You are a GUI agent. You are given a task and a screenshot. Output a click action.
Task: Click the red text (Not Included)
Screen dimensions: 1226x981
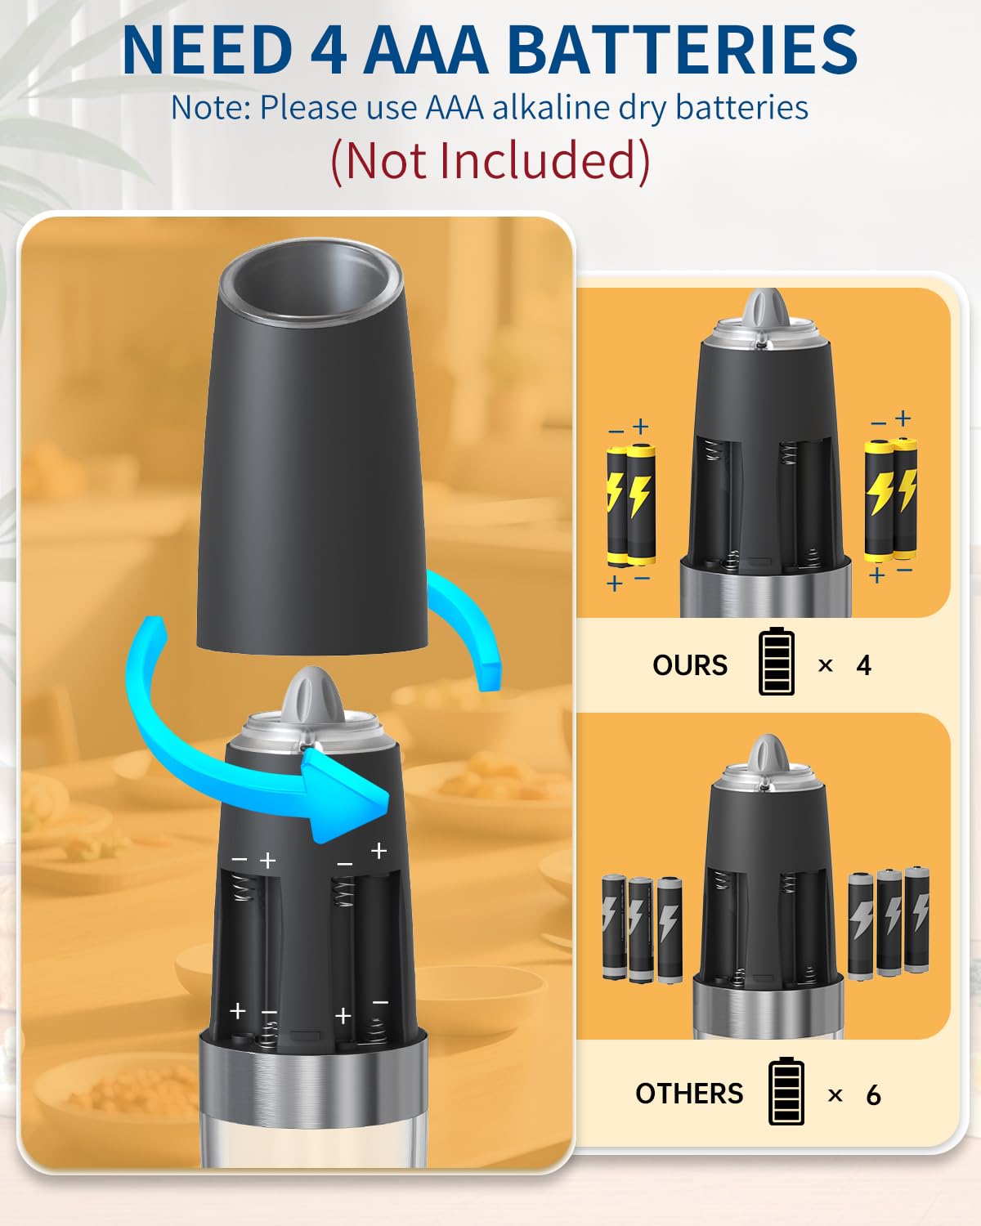click(x=490, y=160)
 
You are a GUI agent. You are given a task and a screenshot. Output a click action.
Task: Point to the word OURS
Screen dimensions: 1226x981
click(x=689, y=665)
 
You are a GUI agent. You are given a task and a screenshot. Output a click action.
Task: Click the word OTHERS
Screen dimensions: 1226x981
click(x=689, y=1094)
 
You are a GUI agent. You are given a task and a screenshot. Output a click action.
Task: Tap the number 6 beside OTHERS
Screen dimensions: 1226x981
click(x=873, y=1095)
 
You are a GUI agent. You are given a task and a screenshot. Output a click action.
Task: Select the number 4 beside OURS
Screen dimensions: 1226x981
click(x=863, y=665)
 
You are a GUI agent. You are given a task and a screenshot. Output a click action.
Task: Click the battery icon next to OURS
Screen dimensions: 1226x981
click(x=776, y=662)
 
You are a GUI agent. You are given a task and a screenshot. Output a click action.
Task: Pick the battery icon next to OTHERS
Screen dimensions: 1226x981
click(x=786, y=1091)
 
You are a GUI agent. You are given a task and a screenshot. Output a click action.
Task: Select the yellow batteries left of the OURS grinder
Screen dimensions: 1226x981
click(x=630, y=505)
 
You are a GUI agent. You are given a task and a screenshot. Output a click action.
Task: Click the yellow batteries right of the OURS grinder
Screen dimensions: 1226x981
click(x=891, y=499)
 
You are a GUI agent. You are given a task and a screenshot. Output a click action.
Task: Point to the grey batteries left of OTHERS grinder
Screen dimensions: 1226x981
click(x=643, y=928)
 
